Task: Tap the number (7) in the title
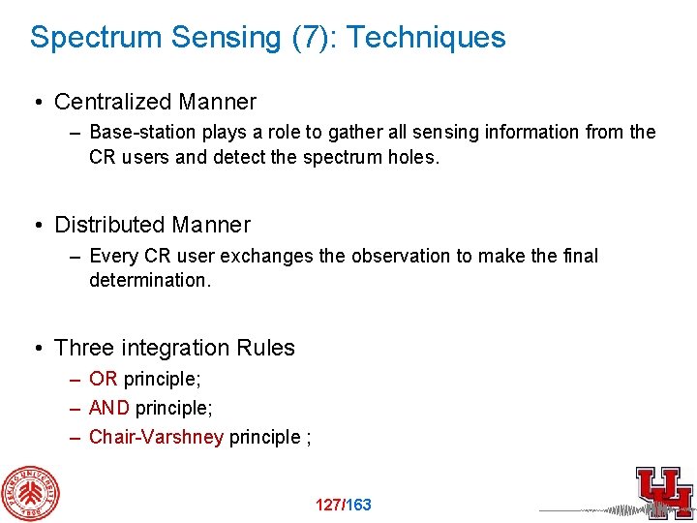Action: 309,38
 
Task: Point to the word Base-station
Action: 137,132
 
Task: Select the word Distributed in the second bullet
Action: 111,225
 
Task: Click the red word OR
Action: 103,379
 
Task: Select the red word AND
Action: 109,408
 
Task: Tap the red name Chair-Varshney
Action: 156,437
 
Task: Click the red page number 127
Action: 328,505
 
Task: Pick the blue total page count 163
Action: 358,505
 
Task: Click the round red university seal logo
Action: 29,493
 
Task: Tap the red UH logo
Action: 663,489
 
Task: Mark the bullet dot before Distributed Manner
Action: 36,226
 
